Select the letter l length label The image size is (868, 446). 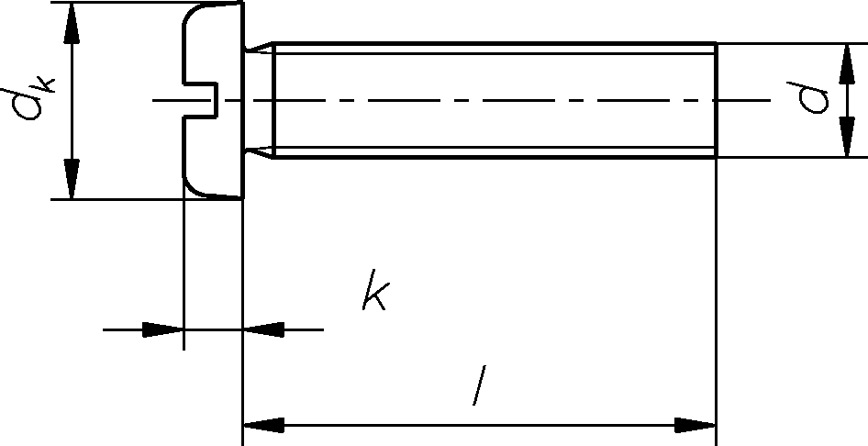point(478,386)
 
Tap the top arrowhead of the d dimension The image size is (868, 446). point(845,61)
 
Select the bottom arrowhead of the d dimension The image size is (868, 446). point(845,139)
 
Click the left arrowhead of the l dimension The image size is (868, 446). point(262,426)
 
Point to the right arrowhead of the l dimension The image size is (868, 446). point(696,426)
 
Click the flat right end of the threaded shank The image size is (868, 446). point(716,100)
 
